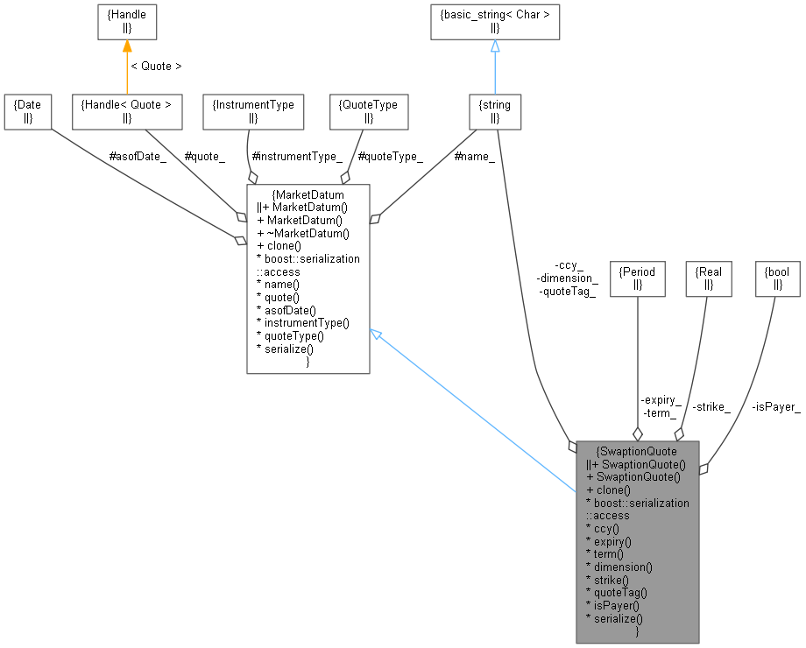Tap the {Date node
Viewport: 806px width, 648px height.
(x=26, y=111)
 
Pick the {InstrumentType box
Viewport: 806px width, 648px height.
(x=252, y=111)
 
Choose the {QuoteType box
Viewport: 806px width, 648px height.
(x=368, y=111)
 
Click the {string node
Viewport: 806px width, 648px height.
(x=496, y=111)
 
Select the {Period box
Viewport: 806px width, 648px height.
(x=638, y=278)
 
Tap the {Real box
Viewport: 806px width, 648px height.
(x=708, y=278)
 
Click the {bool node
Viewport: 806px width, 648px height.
(x=777, y=278)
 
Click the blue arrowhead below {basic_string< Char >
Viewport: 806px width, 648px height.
(x=495, y=47)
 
